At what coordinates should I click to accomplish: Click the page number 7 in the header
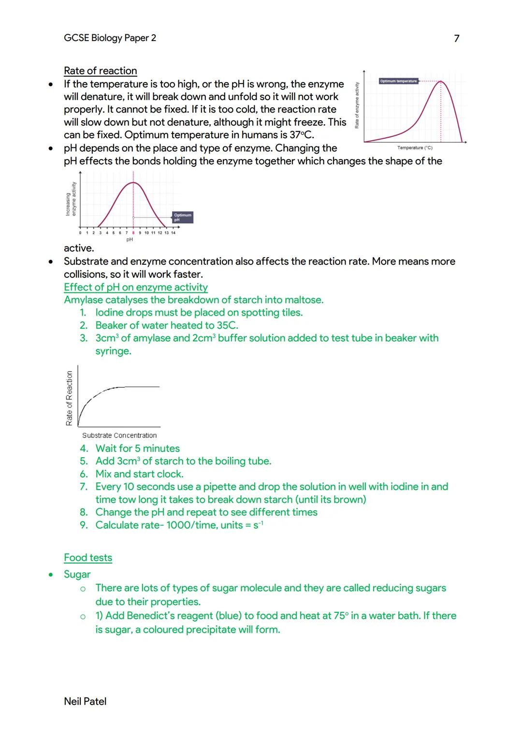coord(457,38)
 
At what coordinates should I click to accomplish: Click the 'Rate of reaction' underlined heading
coord(100,71)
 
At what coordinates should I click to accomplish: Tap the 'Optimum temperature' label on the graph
coord(398,81)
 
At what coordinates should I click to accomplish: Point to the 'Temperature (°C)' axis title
coord(415,148)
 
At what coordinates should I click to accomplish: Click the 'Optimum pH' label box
coord(182,217)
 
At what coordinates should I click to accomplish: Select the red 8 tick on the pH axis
coord(133,233)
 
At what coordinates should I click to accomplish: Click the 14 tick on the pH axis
coord(173,233)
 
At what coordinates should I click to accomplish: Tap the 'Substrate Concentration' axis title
coord(119,435)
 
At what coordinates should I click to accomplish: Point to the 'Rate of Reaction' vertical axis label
coord(70,398)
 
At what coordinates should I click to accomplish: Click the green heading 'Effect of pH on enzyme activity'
coord(136,287)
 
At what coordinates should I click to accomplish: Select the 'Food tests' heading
coord(88,558)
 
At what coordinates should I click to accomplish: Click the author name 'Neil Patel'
coord(85,701)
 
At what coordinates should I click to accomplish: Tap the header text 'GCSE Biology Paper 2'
coord(110,38)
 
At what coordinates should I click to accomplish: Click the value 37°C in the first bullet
coord(301,135)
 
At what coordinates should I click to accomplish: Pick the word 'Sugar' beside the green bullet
coord(77,574)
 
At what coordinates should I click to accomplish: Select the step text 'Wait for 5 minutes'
coord(138,449)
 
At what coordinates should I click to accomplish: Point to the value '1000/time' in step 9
coord(191,525)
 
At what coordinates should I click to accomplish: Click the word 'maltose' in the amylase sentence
coord(305,300)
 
